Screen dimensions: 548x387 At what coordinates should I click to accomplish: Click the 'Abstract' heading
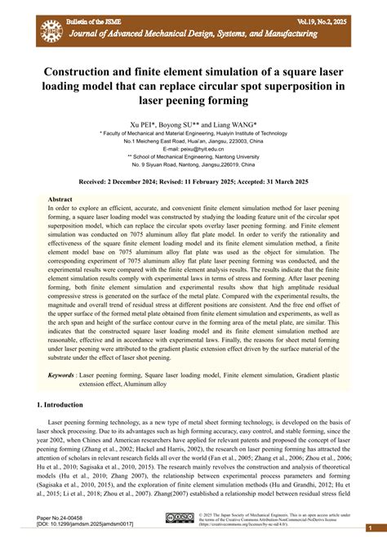pos(60,200)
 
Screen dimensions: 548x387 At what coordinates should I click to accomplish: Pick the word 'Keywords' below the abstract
pos(61,375)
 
